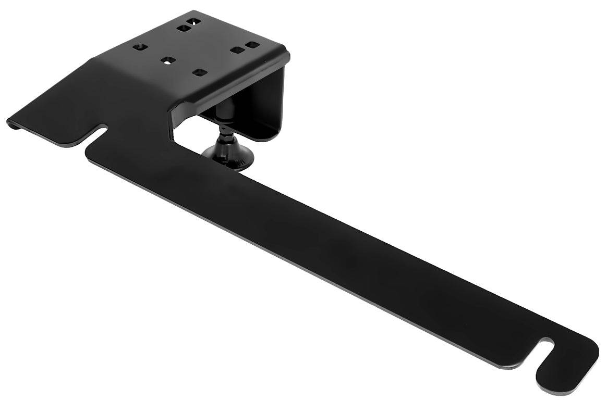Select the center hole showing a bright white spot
click(167, 60)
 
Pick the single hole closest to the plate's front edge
click(198, 72)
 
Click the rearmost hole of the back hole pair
click(194, 22)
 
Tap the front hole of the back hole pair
click(183, 28)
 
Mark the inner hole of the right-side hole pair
click(237, 51)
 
